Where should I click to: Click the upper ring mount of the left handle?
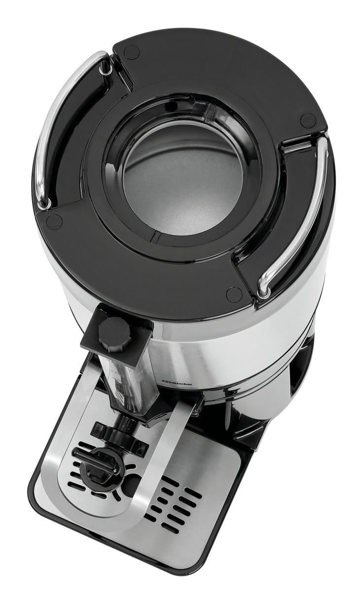(105, 69)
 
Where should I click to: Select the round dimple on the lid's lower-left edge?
(55, 222)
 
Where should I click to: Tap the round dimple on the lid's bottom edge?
(233, 295)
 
